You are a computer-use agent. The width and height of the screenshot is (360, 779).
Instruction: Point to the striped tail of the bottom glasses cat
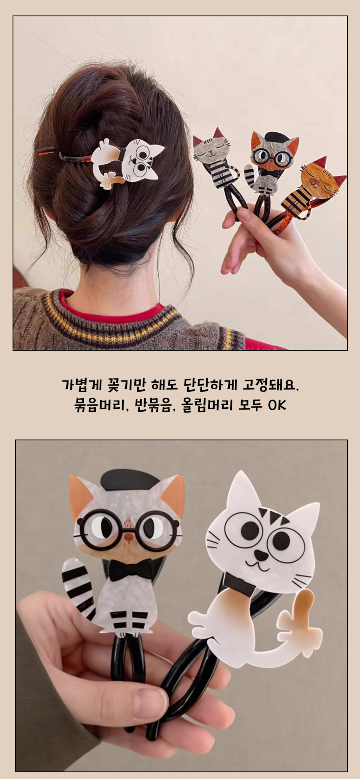tap(80, 586)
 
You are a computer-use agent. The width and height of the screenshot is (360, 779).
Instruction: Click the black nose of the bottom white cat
tap(261, 555)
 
